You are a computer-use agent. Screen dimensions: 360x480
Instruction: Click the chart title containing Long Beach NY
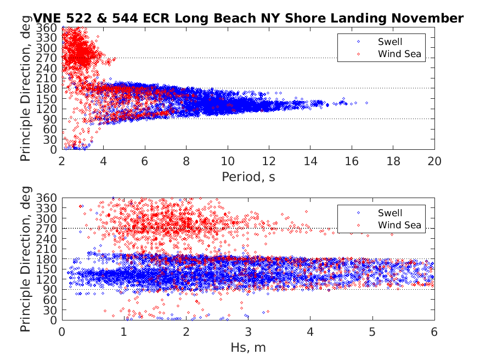tap(249, 18)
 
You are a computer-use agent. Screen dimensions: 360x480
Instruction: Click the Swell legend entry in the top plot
tap(389, 42)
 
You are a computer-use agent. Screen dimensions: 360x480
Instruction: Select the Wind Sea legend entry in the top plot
tap(399, 54)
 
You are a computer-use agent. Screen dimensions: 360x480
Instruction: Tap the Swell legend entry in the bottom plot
tap(389, 213)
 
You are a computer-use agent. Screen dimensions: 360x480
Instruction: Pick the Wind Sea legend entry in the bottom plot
tap(399, 225)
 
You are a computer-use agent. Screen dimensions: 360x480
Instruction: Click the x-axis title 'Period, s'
tap(248, 177)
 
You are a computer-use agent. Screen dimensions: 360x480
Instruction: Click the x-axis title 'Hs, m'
tap(248, 347)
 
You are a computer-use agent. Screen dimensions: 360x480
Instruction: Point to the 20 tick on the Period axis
tap(434, 162)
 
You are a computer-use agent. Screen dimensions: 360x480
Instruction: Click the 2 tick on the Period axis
tap(62, 162)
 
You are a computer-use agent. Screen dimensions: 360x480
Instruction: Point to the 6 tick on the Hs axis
tap(434, 333)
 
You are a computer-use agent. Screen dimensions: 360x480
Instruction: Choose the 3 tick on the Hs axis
tap(248, 333)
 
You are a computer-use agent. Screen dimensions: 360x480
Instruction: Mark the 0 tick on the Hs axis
tap(62, 333)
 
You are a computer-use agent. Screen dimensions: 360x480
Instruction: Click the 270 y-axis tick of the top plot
tap(49, 58)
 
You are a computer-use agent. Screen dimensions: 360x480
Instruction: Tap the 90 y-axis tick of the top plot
tap(52, 119)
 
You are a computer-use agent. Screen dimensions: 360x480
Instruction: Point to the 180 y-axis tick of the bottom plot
tap(49, 259)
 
